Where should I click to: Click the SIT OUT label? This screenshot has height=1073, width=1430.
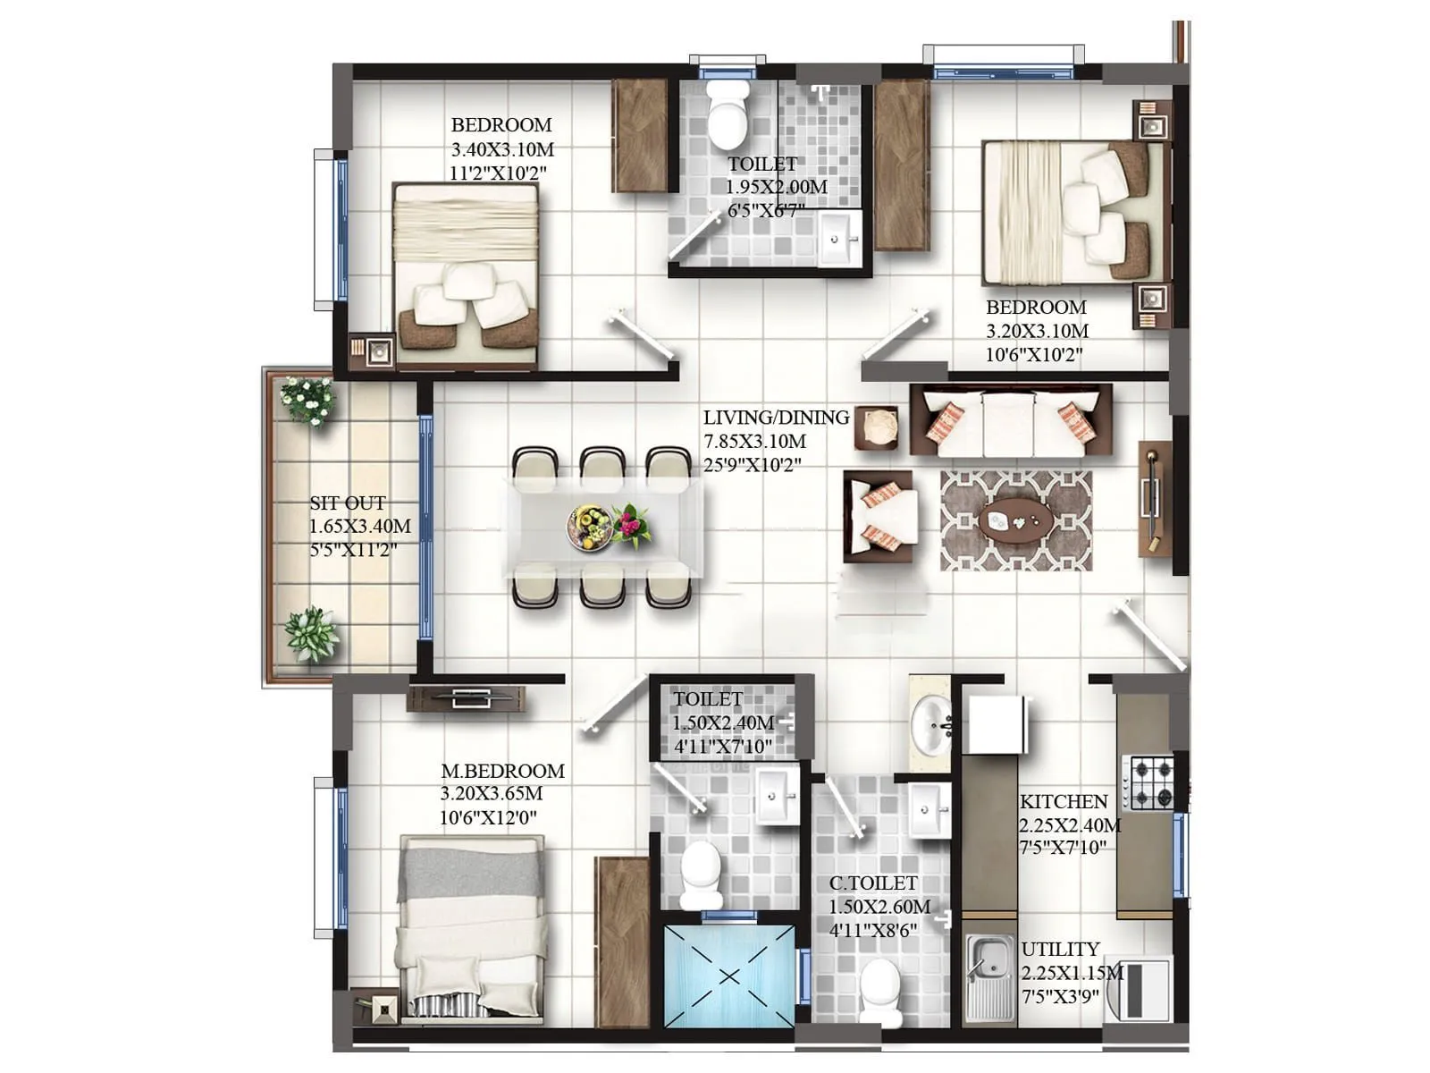(x=348, y=503)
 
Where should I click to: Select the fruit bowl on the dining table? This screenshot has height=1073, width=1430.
(x=589, y=526)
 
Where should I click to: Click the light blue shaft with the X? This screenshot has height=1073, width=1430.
(x=729, y=976)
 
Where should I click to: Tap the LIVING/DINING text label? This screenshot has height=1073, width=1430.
(x=776, y=418)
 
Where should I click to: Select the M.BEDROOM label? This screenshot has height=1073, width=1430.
(x=502, y=771)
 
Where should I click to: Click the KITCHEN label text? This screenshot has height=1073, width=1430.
(x=1064, y=801)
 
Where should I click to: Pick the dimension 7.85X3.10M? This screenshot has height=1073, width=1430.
(x=755, y=442)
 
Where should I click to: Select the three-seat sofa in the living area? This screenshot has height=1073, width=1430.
(x=1011, y=420)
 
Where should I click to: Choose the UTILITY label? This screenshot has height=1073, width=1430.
(x=1060, y=949)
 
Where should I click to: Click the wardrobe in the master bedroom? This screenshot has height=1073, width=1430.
(x=622, y=941)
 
